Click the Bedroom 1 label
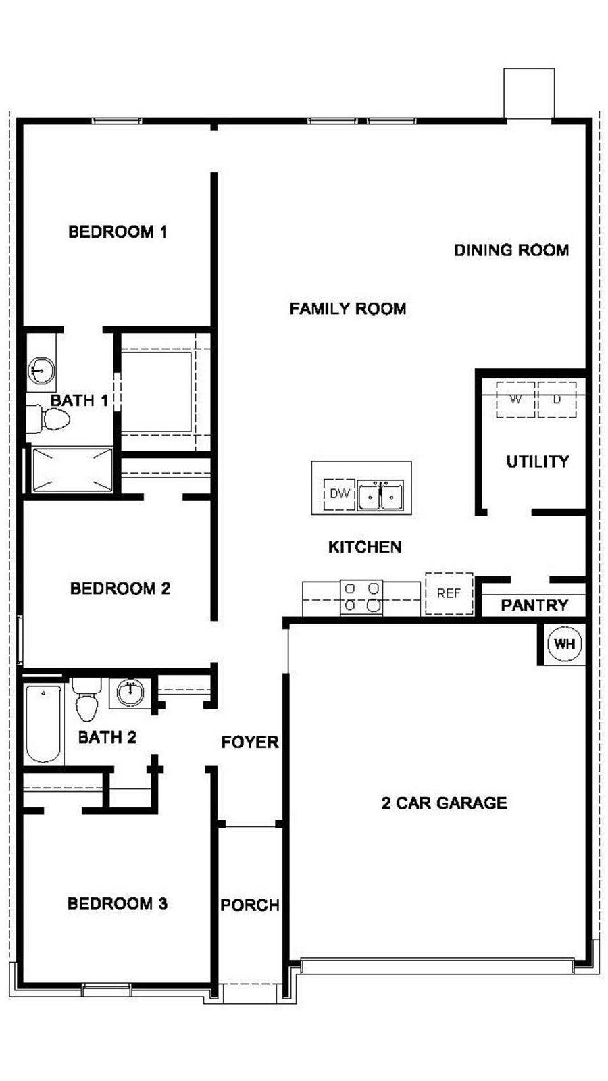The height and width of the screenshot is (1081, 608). coord(118,232)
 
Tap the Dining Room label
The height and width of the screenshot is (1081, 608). coord(511,250)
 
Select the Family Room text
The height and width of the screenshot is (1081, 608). coord(347,308)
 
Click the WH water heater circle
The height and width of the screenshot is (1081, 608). coord(565,644)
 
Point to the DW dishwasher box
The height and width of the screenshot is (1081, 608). coord(339,494)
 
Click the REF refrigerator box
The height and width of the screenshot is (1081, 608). coord(449,593)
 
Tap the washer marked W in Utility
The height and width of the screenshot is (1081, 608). coord(516,399)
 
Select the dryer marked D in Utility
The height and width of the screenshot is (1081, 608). coord(557,399)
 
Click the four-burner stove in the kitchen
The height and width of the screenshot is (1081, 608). coord(361,597)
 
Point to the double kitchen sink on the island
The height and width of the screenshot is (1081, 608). coord(380,495)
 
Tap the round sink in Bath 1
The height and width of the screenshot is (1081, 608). coord(41,371)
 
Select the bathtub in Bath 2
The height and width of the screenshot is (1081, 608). coord(43,724)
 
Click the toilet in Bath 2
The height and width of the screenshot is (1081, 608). coord(87,699)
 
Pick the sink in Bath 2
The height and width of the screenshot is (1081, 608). coord(130,693)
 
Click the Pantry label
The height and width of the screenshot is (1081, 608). coord(534,605)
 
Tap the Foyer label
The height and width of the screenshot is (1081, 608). coord(250,742)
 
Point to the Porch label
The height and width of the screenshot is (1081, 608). coord(250,905)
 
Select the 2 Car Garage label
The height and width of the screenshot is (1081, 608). coord(444,803)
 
